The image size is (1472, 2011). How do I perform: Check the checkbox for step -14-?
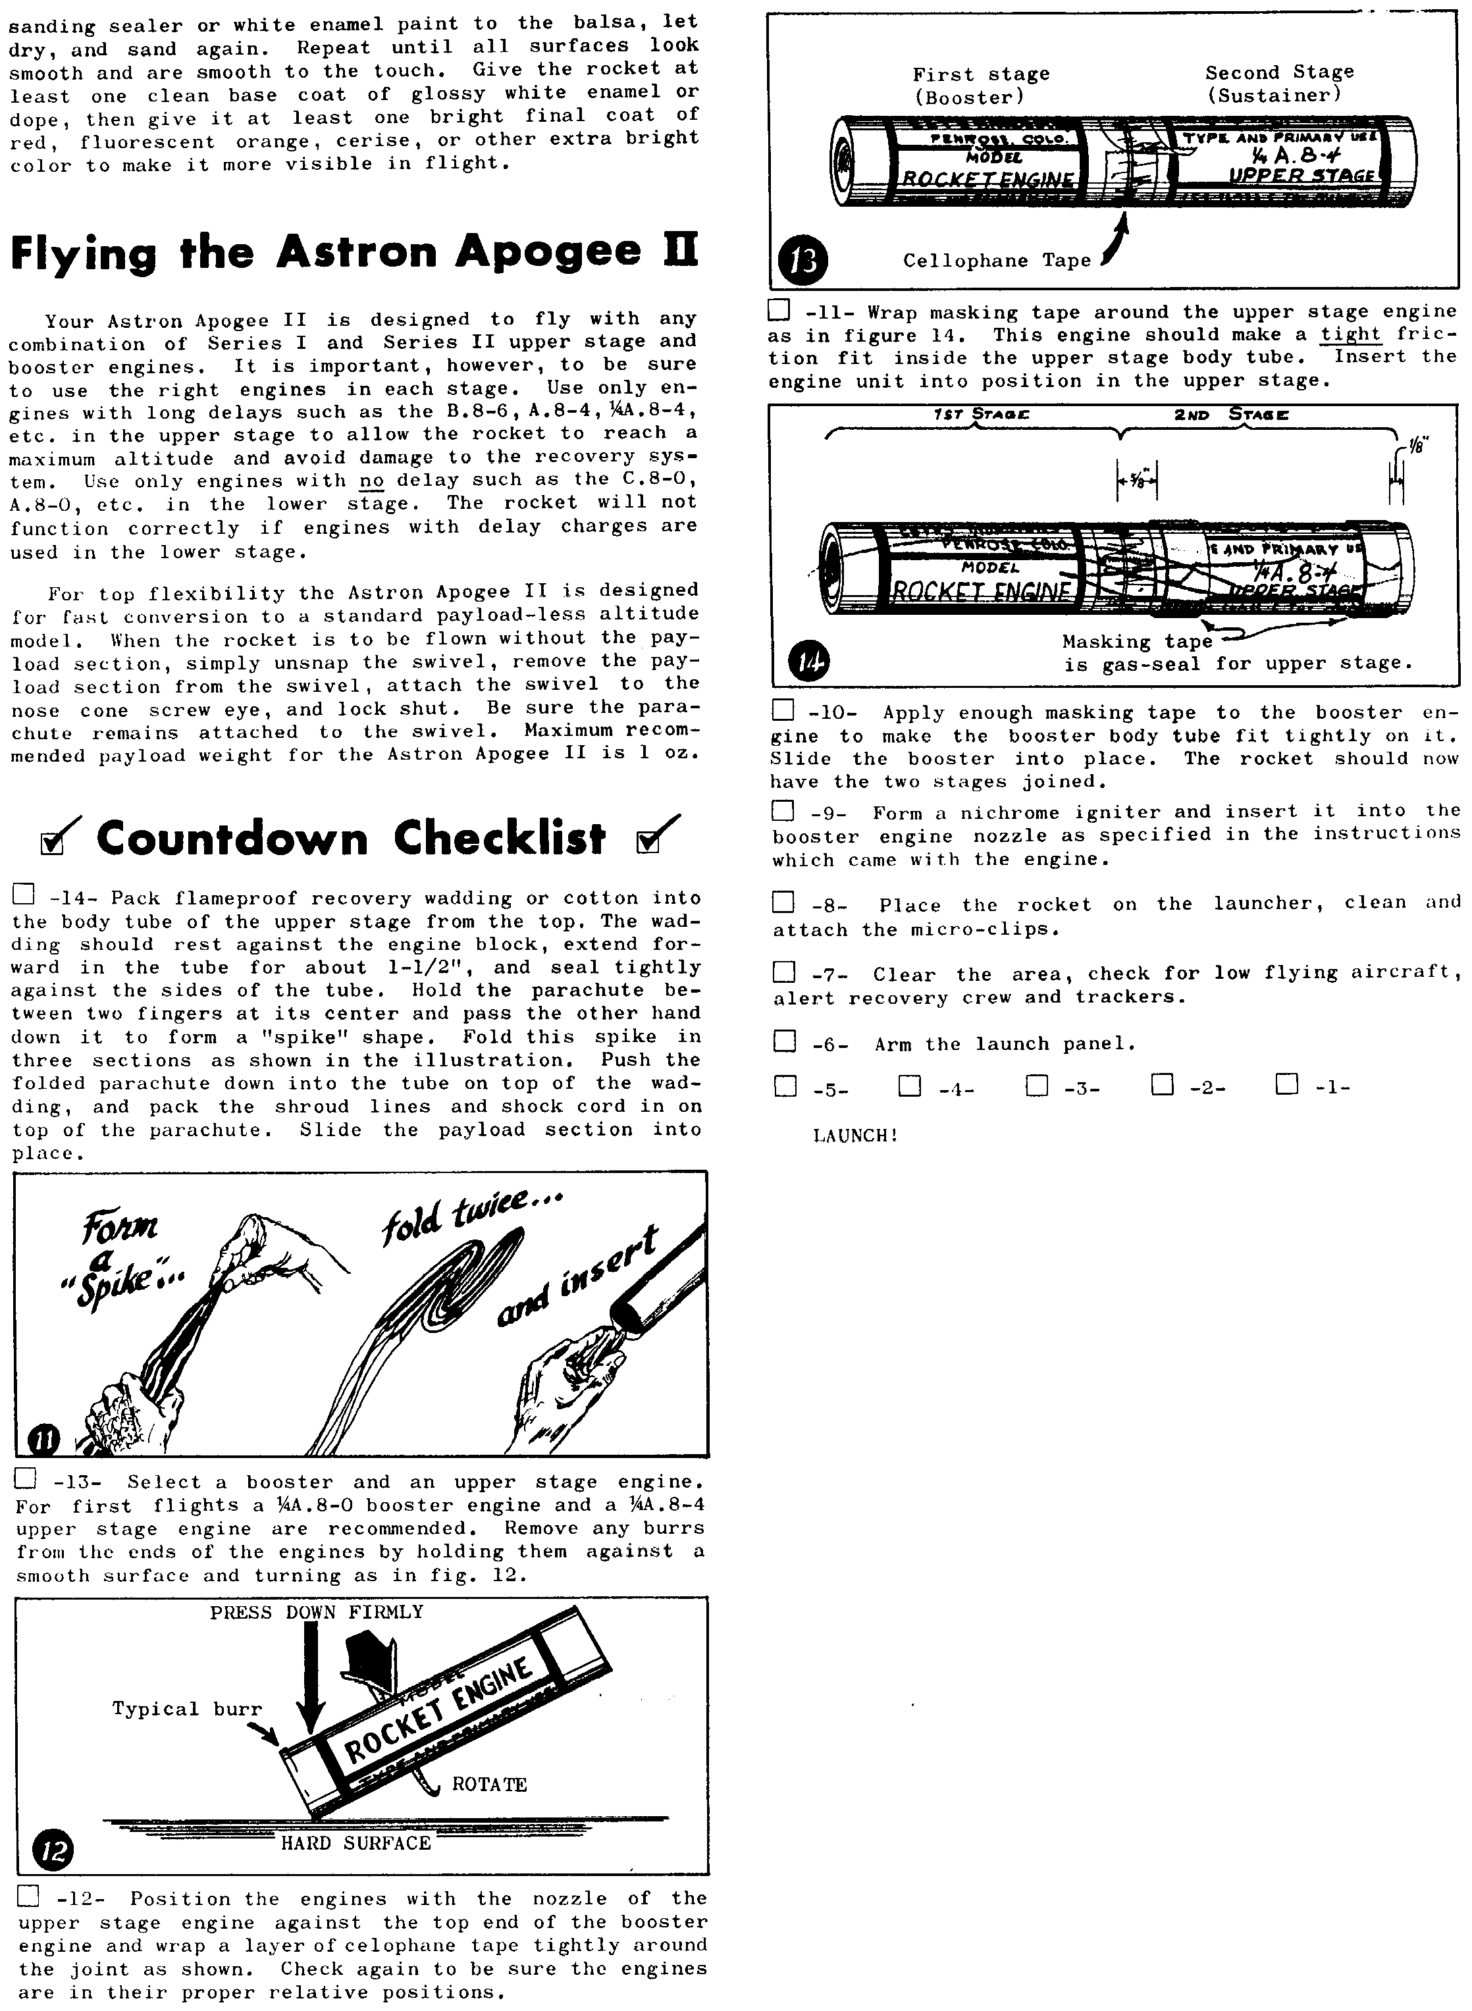[x=23, y=894]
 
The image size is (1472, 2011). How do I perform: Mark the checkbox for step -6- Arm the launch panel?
[x=784, y=1041]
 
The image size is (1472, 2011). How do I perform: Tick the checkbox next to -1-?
[x=1286, y=1084]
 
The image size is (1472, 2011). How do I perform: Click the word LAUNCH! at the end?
[x=855, y=1136]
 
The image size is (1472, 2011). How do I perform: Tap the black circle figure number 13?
[x=804, y=262]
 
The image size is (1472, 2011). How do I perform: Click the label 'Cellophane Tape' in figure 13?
[x=997, y=261]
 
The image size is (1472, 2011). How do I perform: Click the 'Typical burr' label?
[x=187, y=1709]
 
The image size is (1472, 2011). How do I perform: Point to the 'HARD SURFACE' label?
[x=355, y=1842]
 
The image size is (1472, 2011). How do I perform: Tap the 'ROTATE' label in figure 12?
[x=489, y=1785]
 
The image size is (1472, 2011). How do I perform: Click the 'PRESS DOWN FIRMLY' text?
[x=316, y=1613]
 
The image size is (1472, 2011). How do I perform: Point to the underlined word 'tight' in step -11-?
[x=1350, y=334]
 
